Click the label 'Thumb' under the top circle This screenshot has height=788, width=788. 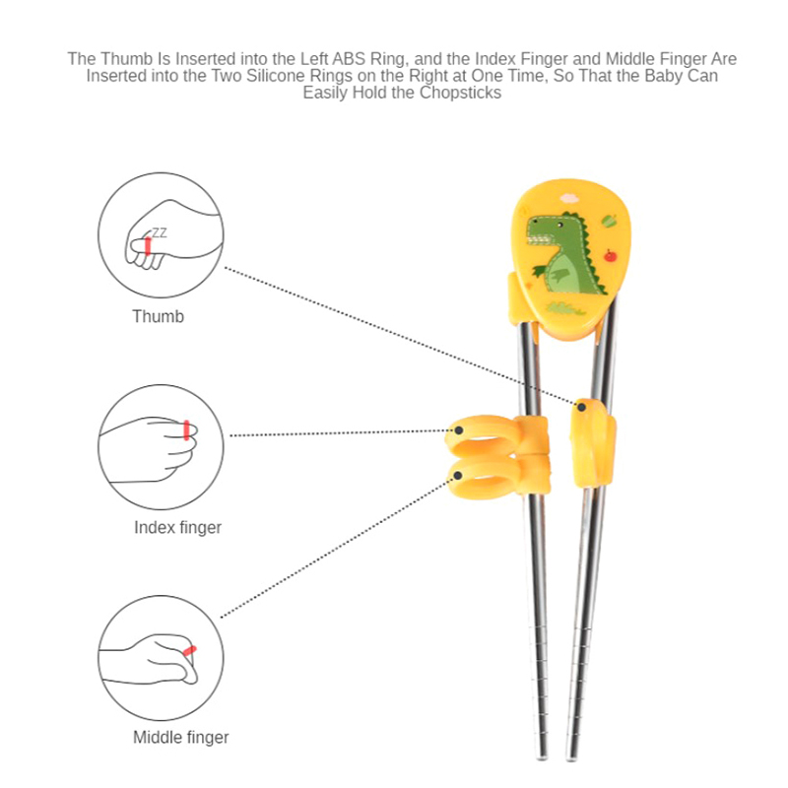[158, 316]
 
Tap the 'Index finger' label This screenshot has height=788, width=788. [178, 528]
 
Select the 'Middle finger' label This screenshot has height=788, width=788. [181, 737]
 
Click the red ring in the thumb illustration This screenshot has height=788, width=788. [148, 246]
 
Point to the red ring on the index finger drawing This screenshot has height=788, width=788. [186, 430]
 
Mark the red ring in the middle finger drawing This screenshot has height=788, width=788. [189, 651]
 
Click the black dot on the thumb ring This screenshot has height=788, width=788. [581, 407]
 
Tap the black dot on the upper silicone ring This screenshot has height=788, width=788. [459, 430]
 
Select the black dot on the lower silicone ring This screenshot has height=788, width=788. [458, 475]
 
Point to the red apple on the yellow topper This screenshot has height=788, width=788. [610, 256]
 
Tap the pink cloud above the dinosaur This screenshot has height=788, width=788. [569, 198]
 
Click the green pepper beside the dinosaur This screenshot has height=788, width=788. [609, 220]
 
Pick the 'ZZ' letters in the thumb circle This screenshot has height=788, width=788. [160, 232]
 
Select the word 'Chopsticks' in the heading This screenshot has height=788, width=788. [460, 93]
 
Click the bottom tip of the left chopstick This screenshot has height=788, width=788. [542, 756]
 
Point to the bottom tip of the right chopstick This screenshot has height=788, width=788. [571, 757]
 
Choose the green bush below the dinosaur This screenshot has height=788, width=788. [565, 307]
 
